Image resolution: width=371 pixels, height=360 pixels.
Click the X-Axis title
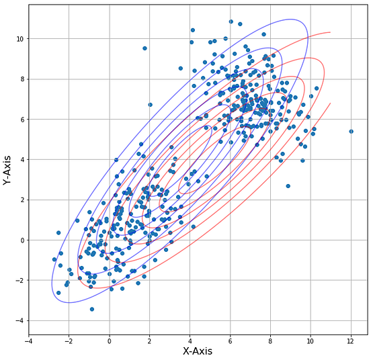(198, 351)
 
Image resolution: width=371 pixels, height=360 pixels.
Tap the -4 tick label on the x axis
(28, 341)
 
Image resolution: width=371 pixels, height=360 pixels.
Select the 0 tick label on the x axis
(109, 341)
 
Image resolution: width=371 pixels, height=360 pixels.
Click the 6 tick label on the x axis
(230, 341)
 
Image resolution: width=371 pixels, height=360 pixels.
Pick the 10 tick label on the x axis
(311, 341)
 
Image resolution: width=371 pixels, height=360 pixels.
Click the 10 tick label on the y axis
(19, 39)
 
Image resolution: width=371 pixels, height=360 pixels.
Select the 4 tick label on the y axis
(22, 160)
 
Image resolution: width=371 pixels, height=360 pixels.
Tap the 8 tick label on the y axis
(22, 79)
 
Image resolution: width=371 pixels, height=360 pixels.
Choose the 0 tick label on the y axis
(22, 240)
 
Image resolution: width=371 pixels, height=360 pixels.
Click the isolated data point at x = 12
(351, 131)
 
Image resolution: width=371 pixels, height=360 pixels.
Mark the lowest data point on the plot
(92, 309)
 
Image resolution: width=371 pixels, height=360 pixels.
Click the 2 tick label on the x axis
(149, 341)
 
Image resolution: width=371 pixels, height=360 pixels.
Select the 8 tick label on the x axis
(270, 341)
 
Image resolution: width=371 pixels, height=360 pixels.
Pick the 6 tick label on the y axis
(22, 120)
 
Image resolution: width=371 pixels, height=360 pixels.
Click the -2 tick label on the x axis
(68, 341)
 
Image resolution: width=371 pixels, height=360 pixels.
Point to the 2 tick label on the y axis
(22, 200)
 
